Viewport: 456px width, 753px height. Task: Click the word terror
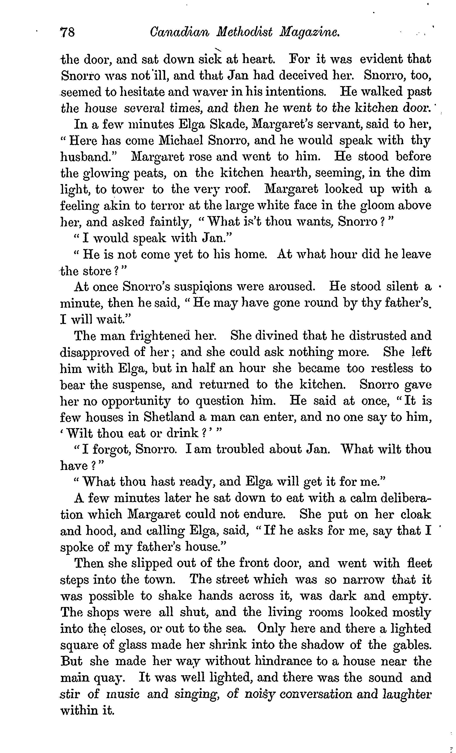point(167,206)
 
